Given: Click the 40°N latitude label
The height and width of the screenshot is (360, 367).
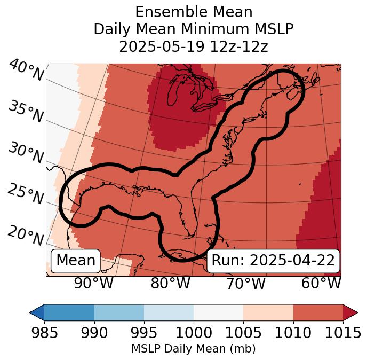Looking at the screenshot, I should click(26, 71).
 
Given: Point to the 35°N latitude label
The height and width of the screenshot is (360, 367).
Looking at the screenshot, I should click(26, 111).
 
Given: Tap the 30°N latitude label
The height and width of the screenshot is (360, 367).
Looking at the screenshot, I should click(26, 153).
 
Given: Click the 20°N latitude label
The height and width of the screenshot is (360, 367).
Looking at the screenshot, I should click(26, 235).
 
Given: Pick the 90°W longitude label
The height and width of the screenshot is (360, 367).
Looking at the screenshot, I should click(93, 283).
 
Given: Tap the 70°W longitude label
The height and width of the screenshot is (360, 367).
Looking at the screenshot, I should click(246, 283).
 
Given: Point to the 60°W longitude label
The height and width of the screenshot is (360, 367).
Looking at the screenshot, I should click(321, 283).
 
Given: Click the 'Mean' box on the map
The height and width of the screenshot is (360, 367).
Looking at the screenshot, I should click(76, 261).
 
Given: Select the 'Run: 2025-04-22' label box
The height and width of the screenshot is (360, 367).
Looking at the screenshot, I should click(273, 261).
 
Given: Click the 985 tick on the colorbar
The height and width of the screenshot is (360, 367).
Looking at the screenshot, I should click(44, 333).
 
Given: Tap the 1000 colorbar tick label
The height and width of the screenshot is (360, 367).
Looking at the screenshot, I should click(194, 333).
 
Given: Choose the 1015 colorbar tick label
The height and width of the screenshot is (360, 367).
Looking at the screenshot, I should click(343, 333).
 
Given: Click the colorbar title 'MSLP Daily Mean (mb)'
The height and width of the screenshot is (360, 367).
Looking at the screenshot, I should click(194, 349).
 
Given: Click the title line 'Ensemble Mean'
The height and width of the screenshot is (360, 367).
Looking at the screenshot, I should click(194, 12).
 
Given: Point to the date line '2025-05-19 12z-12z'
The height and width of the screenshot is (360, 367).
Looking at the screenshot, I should click(194, 46).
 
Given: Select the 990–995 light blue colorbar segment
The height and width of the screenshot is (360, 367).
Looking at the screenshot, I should click(119, 312).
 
